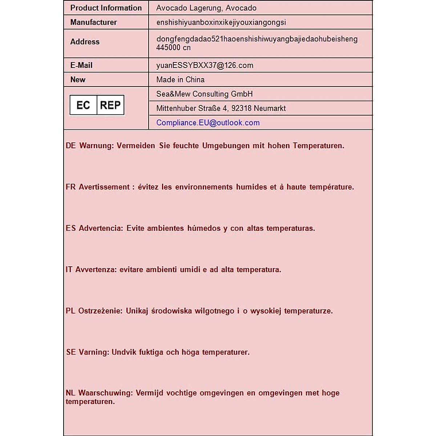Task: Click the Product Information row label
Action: pos(106,8)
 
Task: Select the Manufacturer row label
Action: pos(93,23)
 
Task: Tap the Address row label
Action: pos(85,42)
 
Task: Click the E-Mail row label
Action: pos(81,65)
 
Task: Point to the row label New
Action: pos(78,80)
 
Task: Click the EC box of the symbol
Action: pos(83,105)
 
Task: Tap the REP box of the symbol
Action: pos(110,105)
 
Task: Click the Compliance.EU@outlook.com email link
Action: pos(208,123)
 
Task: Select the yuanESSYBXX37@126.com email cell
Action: pos(205,65)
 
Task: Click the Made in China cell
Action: pos(180,80)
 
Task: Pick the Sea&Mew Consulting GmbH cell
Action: pos(204,94)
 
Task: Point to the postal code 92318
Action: pos(242,108)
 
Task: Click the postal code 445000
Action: pos(168,48)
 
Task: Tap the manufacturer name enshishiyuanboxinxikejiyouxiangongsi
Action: pos(221,23)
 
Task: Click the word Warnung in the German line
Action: pos(96,146)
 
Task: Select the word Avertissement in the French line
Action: pos(104,187)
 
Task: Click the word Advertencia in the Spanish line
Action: pos(101,229)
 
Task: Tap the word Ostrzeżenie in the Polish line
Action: pos(100,311)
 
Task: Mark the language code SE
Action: pos(71,352)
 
